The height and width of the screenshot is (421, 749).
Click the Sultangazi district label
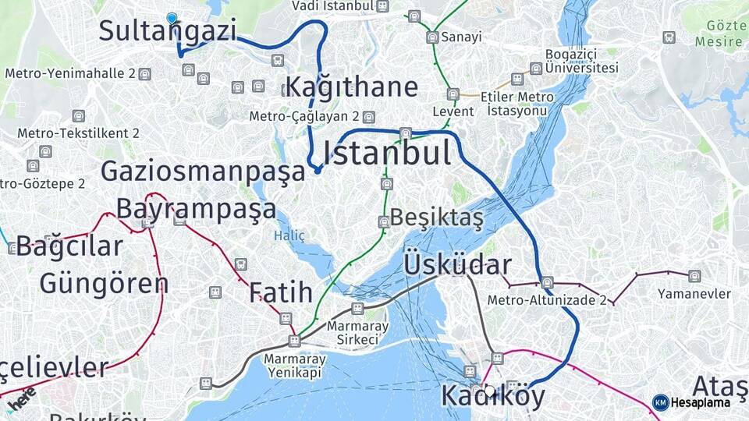pos(167,31)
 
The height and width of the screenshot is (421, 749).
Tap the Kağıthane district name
pos(351,87)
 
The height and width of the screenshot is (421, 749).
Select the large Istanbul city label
pos(386,153)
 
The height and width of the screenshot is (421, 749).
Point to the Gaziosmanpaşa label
pos(203,172)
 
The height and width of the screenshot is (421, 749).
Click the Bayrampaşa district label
pos(196,209)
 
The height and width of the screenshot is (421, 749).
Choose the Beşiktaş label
pos(437,218)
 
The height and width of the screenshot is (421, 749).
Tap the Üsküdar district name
pos(457,264)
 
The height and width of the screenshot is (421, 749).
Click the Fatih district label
pos(281,292)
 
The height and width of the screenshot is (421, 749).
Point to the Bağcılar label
pos(69,246)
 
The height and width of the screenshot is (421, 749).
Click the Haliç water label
pos(289,235)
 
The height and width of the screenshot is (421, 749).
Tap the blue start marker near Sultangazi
pos(172,18)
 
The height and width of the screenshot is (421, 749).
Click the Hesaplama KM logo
pos(691,402)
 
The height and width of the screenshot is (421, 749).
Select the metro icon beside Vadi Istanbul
pos(382,6)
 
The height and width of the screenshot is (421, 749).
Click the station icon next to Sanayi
pos(431,37)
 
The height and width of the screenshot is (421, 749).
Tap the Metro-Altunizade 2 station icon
pos(547,283)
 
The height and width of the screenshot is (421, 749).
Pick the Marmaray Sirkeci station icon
pos(357,309)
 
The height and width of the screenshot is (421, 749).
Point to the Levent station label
pos(453,111)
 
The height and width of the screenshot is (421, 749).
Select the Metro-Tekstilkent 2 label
pos(78,133)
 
